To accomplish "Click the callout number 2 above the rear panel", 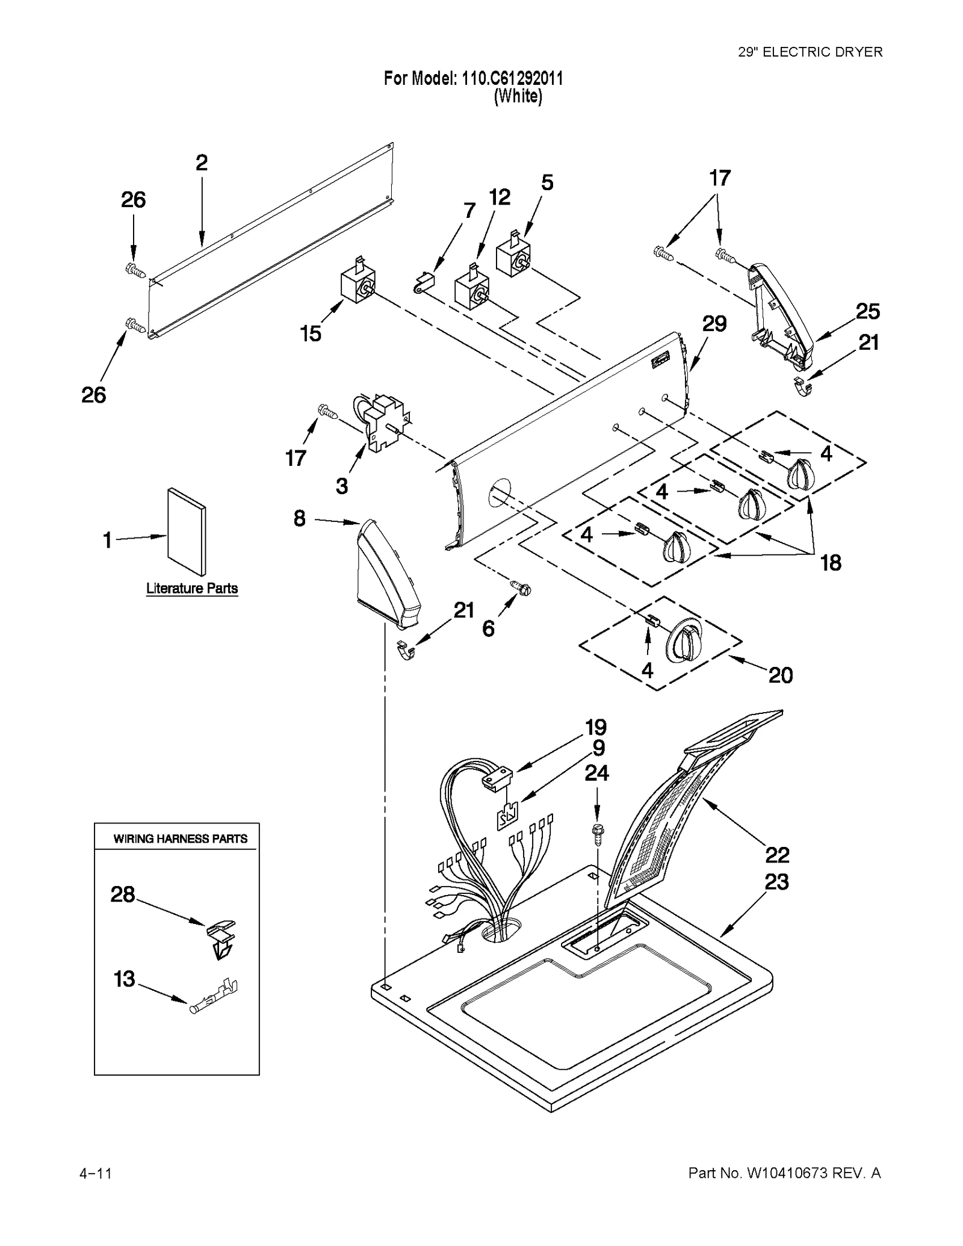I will (202, 163).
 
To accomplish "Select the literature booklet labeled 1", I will (187, 531).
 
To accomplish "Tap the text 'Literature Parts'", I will (192, 588).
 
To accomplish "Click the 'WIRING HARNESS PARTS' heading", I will (181, 838).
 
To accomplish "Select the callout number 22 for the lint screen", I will (777, 854).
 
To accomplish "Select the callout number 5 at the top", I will (547, 182).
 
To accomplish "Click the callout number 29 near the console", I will (714, 324).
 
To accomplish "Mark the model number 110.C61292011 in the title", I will (512, 78).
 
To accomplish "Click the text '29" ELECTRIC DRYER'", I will (810, 52).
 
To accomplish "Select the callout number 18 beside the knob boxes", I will (831, 563).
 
